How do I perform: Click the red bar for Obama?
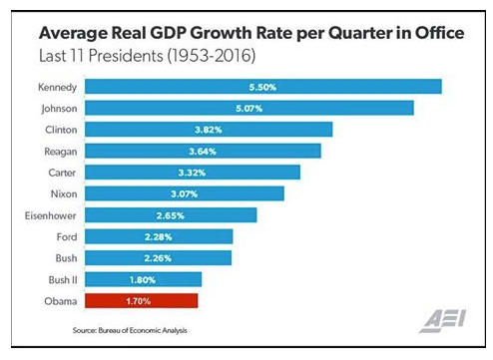tap(142, 301)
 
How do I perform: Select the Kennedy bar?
tap(263, 87)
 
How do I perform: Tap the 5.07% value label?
tap(249, 109)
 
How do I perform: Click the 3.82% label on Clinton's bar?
tap(209, 130)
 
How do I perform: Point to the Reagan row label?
tap(61, 152)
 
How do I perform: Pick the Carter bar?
tap(193, 173)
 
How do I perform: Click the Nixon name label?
tap(64, 193)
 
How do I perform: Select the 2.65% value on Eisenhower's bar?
tap(171, 215)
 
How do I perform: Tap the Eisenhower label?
tap(51, 215)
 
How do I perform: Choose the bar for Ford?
tap(159, 236)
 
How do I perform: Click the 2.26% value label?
tap(158, 258)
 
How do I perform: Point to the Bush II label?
tap(63, 280)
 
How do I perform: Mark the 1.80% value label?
tap(143, 280)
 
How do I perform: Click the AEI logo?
tap(442, 321)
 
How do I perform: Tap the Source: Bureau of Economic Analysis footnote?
tap(130, 330)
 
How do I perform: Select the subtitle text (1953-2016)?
tap(212, 55)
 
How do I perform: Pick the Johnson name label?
tap(59, 109)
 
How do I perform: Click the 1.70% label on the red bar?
tap(139, 301)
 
